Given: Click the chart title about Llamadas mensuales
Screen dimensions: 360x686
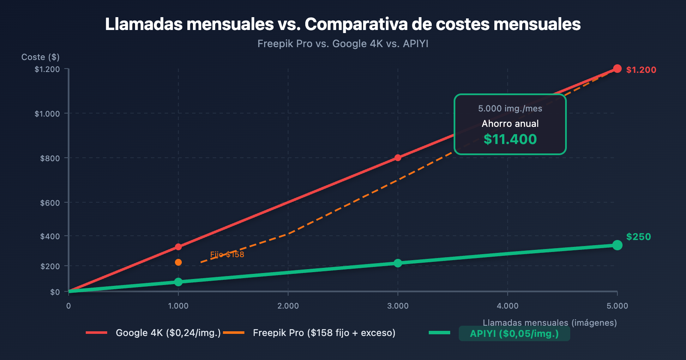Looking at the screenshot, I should pos(343,24).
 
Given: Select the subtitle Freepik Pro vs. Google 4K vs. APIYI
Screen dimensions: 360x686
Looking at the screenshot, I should pos(343,44).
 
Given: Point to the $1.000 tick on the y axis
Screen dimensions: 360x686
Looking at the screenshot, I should pos(47,114).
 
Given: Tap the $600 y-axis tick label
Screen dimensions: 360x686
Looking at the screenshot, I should pos(50,203).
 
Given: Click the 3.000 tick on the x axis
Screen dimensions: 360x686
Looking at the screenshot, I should pos(398,306).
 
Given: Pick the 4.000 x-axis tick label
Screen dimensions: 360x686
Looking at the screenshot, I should pos(508,306).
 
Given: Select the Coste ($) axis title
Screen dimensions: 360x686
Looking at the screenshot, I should pos(40,57).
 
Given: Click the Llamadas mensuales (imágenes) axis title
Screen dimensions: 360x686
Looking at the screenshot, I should pos(550,323).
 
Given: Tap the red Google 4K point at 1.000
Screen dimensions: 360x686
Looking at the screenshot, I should pos(178,247).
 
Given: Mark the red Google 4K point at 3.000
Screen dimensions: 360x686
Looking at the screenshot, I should pos(398,158).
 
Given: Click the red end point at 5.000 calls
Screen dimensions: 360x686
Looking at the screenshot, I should pos(617,69).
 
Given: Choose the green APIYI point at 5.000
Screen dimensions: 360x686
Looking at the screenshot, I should pos(617,245).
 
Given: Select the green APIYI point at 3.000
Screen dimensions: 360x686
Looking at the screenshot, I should pos(398,263).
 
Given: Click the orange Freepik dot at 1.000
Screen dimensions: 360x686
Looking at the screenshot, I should pos(178,262).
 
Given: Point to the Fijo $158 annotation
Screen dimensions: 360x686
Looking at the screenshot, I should pos(227,255).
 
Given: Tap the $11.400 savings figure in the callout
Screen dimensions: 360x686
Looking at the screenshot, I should pos(510,139).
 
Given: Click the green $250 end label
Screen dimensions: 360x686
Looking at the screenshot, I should pos(638,237).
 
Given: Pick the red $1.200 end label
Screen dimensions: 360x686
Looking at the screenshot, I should pos(641,70).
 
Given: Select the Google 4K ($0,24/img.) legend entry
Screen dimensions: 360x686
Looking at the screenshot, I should pos(168,333).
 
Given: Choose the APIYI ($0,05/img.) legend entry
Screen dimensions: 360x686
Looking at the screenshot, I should pos(514,334).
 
